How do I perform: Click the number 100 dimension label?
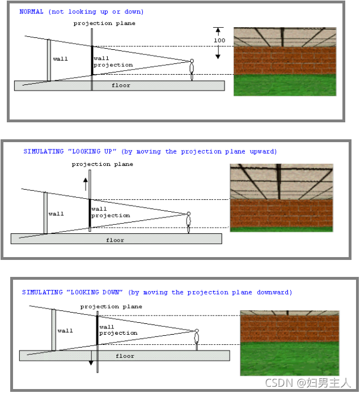coord(219,40)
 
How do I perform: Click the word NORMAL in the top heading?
coord(31,11)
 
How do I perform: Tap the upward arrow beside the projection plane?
coord(86,184)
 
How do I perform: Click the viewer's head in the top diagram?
coord(192,61)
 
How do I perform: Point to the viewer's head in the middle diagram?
coord(189,214)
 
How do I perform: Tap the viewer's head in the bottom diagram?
coord(197,331)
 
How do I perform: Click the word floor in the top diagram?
coord(121,86)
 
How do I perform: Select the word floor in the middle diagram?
coord(115,240)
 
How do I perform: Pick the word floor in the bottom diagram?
coord(125,356)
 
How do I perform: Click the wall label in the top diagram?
coord(61,59)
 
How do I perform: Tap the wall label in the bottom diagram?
coord(65,331)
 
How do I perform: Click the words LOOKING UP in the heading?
coord(92,151)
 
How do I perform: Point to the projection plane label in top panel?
coord(104,23)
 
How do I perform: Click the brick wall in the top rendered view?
coord(285,61)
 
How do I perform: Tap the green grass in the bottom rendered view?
coord(290,358)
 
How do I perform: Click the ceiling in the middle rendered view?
coord(281,182)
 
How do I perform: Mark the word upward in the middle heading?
coord(263,151)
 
